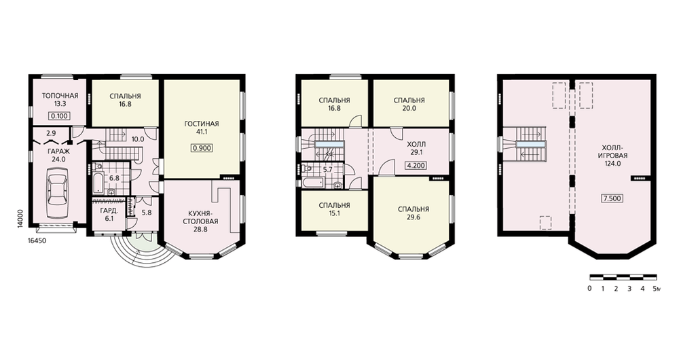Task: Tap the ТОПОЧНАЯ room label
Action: click(60, 96)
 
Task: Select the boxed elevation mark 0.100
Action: click(59, 115)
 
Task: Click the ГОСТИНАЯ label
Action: click(202, 124)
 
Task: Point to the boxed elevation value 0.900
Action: click(202, 148)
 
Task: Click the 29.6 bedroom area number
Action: click(414, 217)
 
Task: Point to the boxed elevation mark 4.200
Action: click(416, 165)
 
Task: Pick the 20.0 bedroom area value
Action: click(409, 108)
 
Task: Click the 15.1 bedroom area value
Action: click(334, 213)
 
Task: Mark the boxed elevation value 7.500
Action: click(612, 198)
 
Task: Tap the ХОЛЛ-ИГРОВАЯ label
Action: click(612, 151)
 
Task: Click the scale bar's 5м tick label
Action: click(657, 289)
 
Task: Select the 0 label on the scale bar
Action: click(589, 289)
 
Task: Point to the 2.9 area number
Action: click(51, 133)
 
